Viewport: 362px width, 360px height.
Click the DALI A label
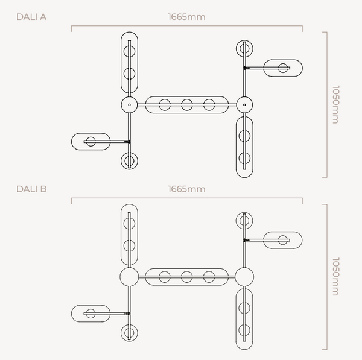[31, 17]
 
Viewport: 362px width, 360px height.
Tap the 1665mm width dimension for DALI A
[186, 17]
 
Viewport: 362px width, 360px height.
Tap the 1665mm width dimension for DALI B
[186, 189]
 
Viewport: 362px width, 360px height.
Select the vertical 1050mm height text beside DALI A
[335, 104]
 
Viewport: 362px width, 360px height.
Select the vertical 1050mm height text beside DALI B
[335, 277]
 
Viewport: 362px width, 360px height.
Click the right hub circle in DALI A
[244, 104]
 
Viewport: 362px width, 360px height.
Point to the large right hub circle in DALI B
[244, 277]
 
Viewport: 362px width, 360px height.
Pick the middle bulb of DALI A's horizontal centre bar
[186, 104]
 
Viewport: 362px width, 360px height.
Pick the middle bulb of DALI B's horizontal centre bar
[186, 277]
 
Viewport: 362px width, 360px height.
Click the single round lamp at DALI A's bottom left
[129, 161]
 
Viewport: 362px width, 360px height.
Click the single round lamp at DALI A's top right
[244, 48]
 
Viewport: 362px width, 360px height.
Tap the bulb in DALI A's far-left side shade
[91, 142]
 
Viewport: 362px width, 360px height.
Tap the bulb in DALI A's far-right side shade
[282, 68]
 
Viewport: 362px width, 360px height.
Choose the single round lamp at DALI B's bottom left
[129, 333]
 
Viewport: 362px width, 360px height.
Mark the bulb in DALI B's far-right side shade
[282, 240]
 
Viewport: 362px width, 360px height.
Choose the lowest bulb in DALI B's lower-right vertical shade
[244, 331]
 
